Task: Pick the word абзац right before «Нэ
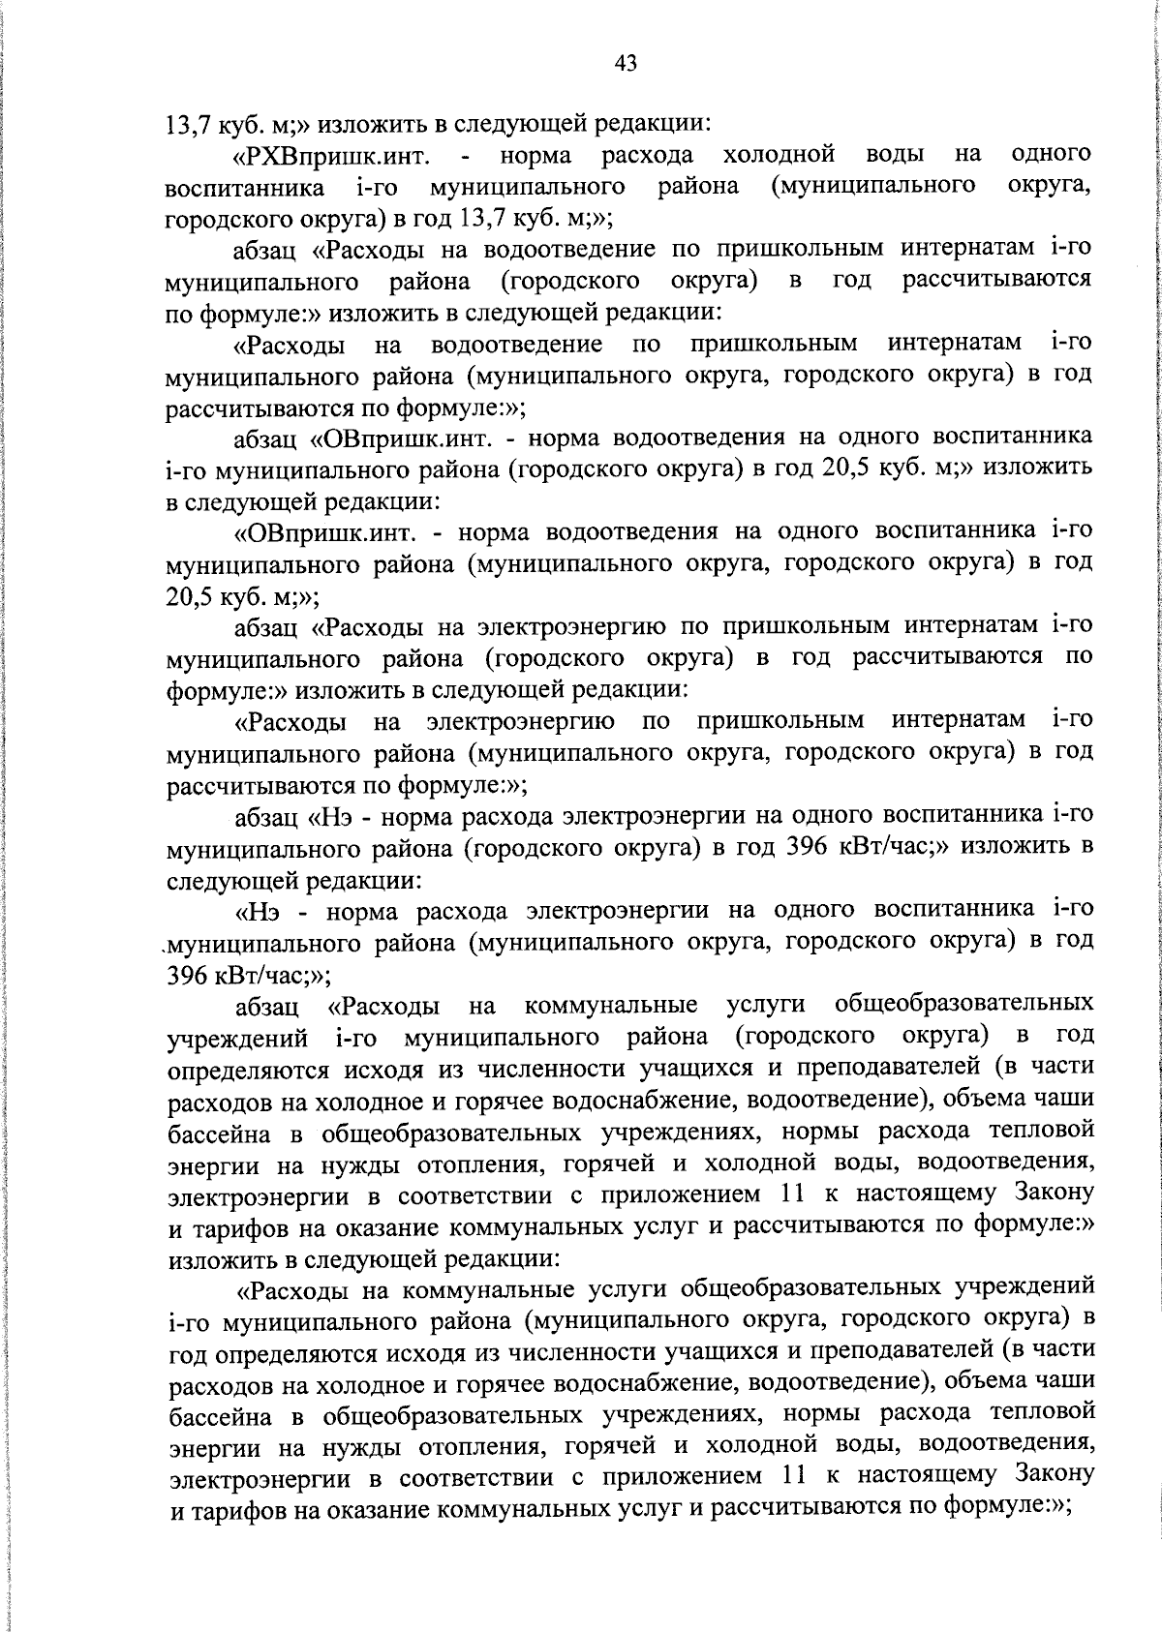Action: coord(267,816)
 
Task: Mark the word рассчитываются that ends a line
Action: coord(997,281)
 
